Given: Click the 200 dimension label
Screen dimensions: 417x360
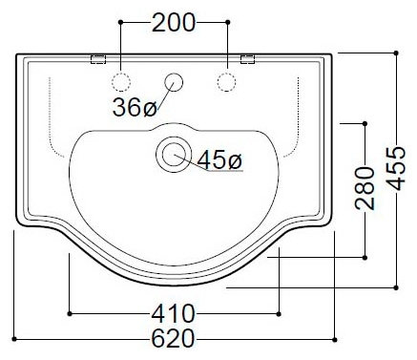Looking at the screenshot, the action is (174, 22).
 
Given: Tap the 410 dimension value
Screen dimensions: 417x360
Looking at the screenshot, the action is (173, 314).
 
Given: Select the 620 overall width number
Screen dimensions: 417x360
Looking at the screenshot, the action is (173, 339).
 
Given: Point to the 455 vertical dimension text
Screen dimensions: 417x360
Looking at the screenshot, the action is (396, 168).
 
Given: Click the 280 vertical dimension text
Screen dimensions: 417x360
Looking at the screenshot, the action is (365, 188).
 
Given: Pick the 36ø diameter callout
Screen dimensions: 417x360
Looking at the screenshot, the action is (135, 107).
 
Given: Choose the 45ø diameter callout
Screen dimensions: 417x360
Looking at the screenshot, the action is (219, 160).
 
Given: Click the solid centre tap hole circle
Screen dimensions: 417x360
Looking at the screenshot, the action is (174, 82).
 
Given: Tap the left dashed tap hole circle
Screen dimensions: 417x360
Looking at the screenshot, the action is (121, 82).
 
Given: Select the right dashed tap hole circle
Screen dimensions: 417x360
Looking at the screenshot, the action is (226, 82).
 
